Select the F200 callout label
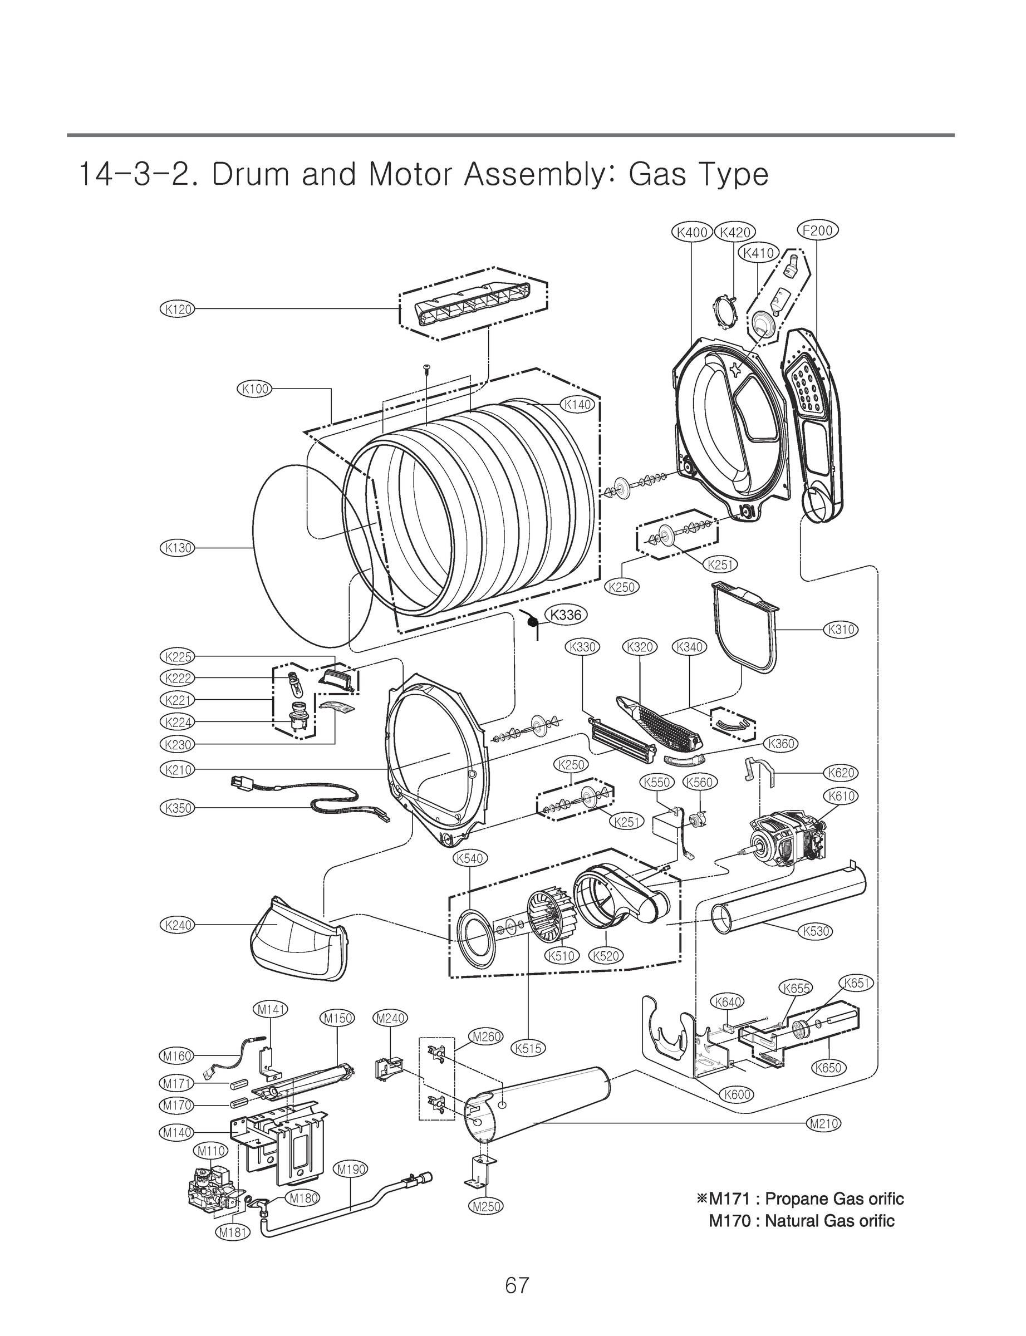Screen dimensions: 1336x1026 (x=818, y=230)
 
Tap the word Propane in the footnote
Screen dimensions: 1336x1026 (x=792, y=1199)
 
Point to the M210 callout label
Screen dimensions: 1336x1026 (x=824, y=1123)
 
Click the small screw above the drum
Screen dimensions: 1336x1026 (x=426, y=367)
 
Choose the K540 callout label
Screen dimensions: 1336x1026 (x=470, y=858)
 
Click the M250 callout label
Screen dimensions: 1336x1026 (x=486, y=1206)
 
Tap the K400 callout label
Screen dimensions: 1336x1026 (x=691, y=232)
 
